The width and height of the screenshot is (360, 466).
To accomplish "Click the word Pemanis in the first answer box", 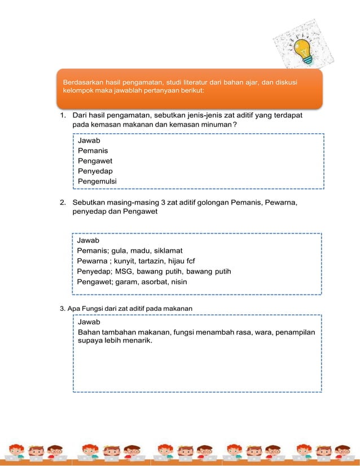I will coord(93,151).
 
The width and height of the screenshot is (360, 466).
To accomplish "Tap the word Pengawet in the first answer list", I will coord(95,161).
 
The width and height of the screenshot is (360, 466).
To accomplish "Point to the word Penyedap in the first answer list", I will coord(94,171).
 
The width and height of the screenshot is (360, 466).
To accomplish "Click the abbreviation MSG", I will coord(124,271).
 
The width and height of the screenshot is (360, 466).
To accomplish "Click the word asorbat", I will coord(150,282).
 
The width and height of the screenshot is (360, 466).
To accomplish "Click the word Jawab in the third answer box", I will coord(89,322).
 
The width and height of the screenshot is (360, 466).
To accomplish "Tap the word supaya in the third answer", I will coord(90,341).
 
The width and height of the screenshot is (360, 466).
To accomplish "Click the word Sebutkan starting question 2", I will coord(91,202).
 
